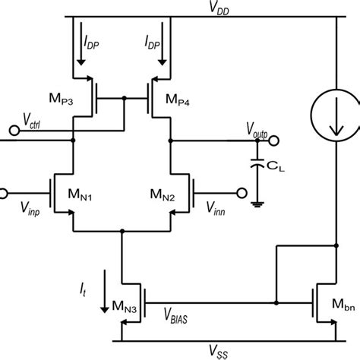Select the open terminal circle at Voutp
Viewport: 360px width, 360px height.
pyautogui.click(x=274, y=139)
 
